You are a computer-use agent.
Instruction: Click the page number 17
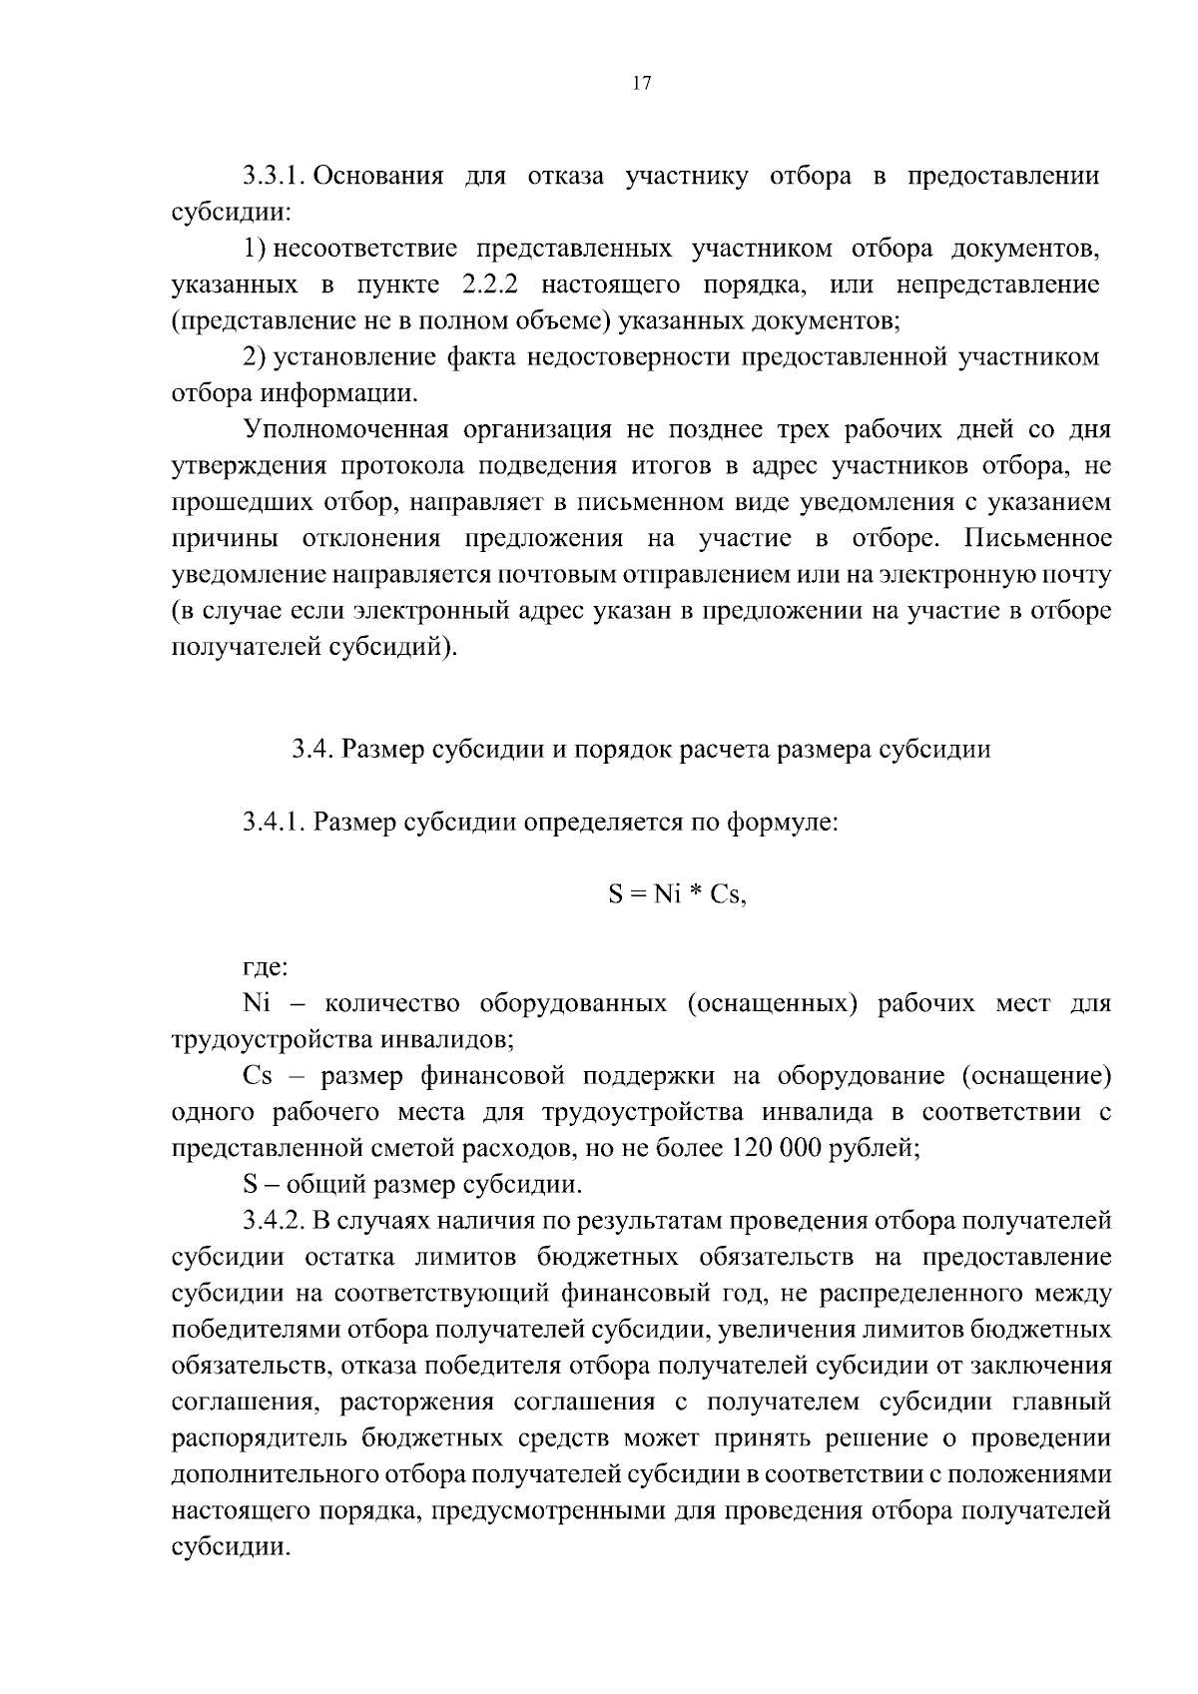[641, 84]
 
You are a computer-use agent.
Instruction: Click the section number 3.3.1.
[272, 176]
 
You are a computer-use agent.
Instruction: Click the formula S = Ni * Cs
[678, 894]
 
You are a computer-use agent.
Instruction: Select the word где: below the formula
[266, 967]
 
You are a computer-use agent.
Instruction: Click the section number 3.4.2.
[274, 1221]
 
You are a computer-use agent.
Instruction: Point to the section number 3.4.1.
[274, 823]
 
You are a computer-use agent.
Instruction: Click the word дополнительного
[259, 1474]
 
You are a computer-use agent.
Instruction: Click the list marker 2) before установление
[255, 357]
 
